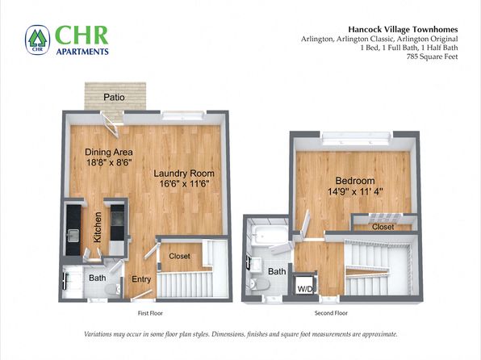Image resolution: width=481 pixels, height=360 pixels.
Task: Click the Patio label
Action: (x=114, y=98)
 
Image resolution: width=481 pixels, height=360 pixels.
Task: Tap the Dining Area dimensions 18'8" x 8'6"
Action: (x=109, y=162)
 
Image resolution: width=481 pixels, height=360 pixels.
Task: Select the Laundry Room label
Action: (x=184, y=174)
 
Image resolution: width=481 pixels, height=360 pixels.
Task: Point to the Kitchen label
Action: (x=97, y=227)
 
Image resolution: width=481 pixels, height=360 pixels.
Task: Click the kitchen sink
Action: (x=73, y=236)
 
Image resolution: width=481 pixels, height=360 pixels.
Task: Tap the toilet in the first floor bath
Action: (x=112, y=290)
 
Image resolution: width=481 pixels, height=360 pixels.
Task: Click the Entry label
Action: (x=141, y=279)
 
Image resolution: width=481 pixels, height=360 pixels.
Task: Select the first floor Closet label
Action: (x=179, y=256)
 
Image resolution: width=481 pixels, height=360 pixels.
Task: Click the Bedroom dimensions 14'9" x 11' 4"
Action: (x=355, y=192)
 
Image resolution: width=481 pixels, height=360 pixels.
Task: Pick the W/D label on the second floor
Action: (x=304, y=289)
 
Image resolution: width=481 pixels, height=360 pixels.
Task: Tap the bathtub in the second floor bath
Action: (x=269, y=236)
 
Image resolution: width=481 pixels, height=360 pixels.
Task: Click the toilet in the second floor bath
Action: (x=260, y=284)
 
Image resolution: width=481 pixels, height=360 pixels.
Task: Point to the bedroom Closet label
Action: (x=383, y=227)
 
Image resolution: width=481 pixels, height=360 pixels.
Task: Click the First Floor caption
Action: (x=150, y=313)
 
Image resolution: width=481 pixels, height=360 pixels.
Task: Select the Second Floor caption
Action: (x=331, y=313)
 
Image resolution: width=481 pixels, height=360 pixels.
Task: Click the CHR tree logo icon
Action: (x=37, y=40)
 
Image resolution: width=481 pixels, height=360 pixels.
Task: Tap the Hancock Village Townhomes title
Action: (x=403, y=30)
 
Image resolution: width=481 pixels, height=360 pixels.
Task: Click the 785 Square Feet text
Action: (x=433, y=57)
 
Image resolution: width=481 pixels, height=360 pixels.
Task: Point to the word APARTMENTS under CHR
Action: (x=82, y=51)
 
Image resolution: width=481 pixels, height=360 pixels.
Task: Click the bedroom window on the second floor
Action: (x=356, y=138)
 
